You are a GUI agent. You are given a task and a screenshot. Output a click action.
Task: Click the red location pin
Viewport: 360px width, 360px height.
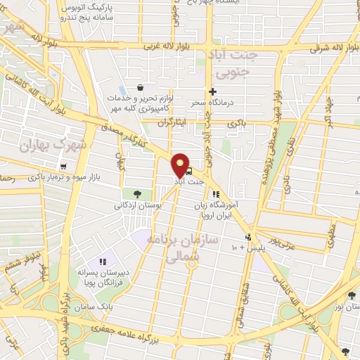181,165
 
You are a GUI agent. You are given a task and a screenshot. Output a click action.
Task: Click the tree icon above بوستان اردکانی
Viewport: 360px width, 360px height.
136,193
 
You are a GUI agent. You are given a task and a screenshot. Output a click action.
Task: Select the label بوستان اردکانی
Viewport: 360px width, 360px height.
139,206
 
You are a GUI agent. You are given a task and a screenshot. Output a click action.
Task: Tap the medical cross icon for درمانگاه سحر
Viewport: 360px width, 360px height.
212,91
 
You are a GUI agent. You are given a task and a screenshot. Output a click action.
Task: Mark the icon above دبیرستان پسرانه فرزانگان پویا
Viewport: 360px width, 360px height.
103,262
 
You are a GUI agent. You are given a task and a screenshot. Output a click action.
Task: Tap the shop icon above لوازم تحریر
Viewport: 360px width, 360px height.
141,88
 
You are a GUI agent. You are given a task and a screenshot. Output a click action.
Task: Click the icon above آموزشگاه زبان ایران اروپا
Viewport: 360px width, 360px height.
215,193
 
